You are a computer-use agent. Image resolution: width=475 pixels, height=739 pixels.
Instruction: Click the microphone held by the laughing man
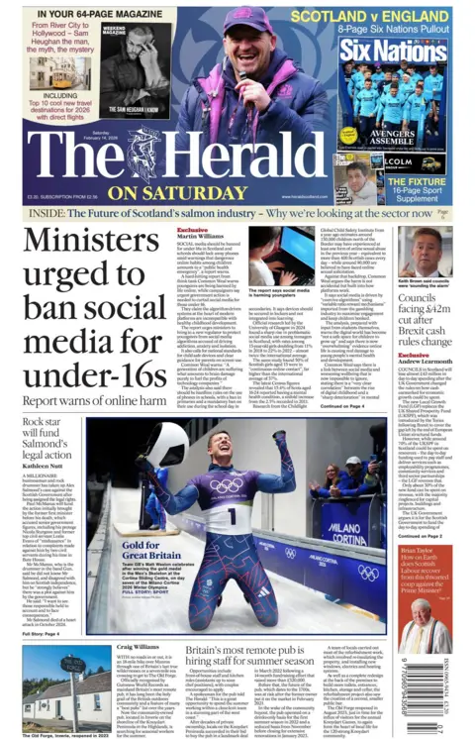(243, 74)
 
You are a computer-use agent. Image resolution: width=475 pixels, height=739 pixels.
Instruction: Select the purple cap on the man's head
(239, 18)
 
